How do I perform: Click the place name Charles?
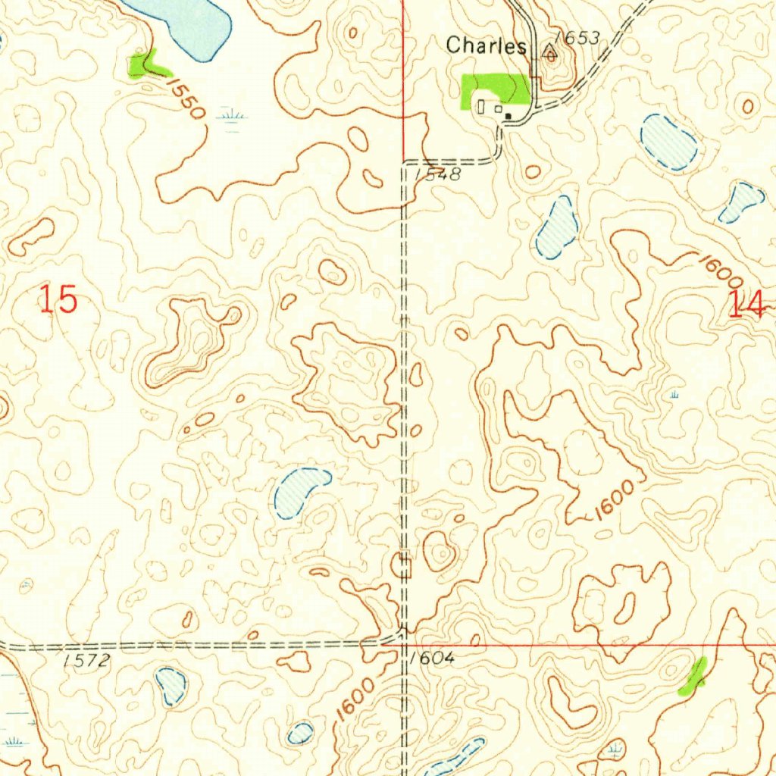486,45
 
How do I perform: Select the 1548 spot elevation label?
437,174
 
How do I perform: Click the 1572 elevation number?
86,661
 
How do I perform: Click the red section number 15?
58,301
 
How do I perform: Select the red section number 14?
747,304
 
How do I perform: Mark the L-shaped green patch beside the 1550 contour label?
143,65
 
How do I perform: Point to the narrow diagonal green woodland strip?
693,676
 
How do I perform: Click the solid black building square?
509,116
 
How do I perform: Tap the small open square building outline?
497,108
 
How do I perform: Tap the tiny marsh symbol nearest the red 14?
674,395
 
